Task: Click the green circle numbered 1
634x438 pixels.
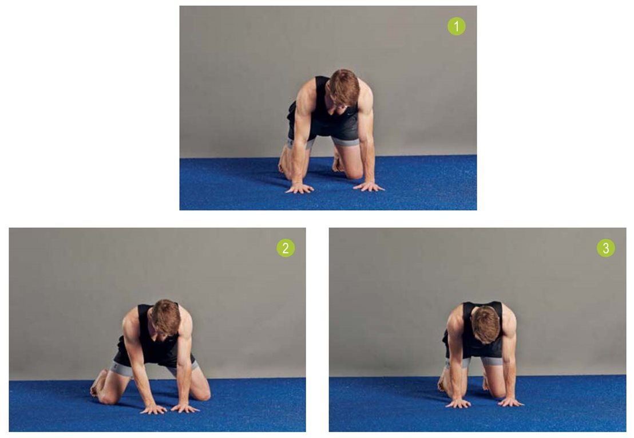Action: (457, 26)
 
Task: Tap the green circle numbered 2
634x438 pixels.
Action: (286, 248)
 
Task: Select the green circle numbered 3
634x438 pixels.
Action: (606, 248)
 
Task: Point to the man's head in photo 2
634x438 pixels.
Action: (166, 318)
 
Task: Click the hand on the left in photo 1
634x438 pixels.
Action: (300, 188)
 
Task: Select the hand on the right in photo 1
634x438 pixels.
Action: (368, 187)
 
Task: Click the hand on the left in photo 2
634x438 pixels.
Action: (153, 409)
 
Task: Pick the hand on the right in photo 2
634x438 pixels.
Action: (185, 408)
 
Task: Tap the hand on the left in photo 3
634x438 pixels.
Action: (458, 403)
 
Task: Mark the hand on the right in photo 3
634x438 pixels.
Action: (511, 402)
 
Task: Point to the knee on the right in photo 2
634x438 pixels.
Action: (201, 392)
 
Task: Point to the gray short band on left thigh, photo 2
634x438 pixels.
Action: (121, 369)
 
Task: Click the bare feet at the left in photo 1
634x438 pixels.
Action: (284, 162)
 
